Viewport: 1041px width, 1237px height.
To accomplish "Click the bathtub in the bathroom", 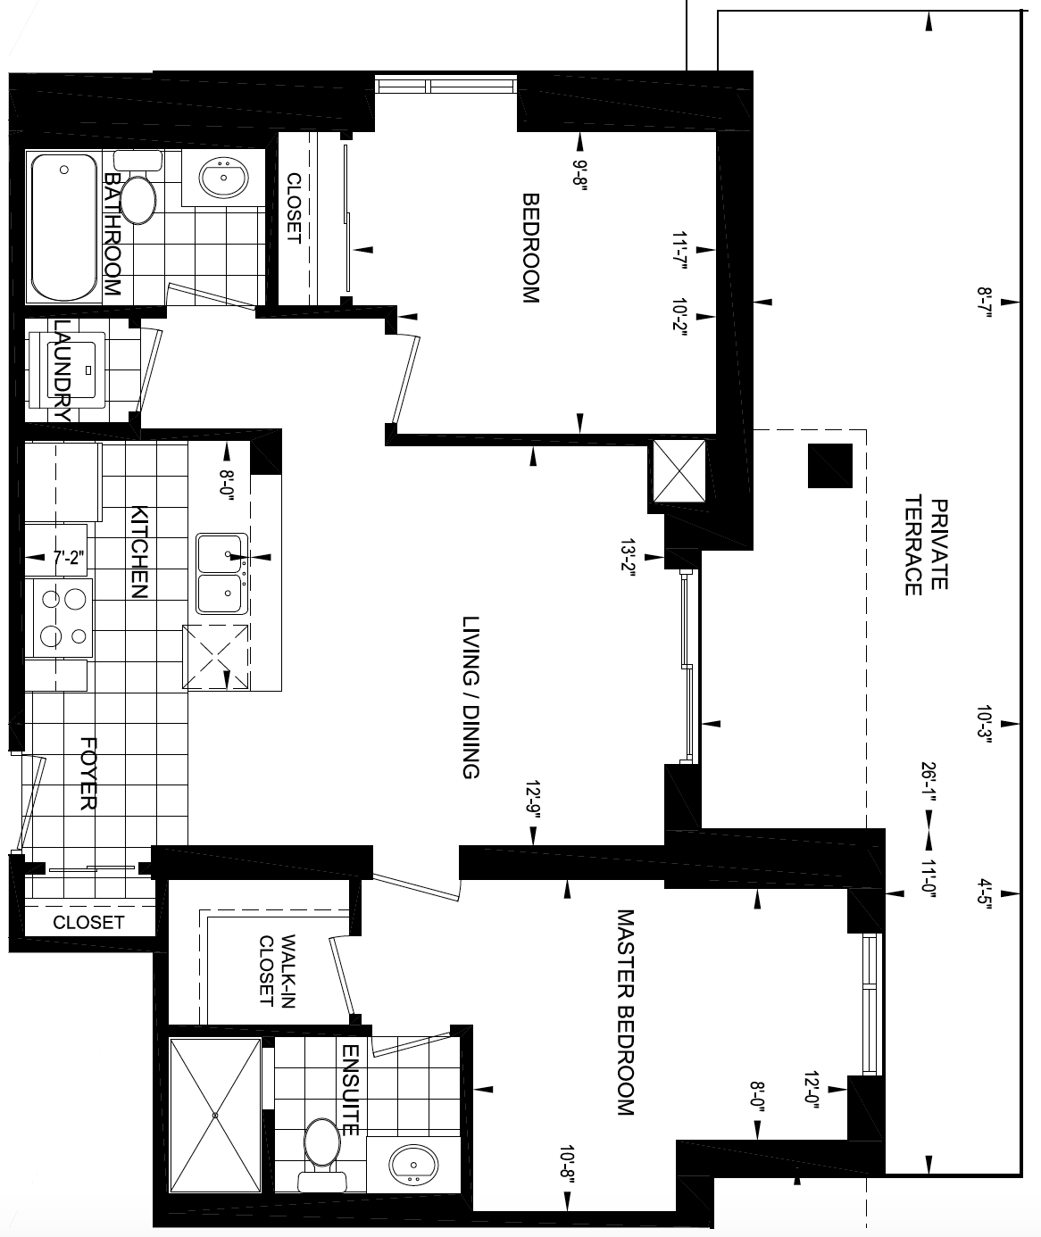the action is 64,228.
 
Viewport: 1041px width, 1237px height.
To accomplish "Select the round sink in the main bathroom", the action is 223,178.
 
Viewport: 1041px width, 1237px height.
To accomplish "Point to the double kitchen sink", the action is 221,574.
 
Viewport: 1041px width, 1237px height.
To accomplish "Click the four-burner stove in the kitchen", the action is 62,618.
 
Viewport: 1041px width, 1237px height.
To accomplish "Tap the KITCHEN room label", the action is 138,552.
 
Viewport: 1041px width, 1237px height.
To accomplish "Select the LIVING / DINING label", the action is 471,697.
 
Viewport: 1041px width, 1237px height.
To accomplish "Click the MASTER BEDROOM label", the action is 626,1012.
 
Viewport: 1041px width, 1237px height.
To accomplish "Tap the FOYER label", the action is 87,773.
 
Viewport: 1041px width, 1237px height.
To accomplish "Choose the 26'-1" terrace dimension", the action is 928,782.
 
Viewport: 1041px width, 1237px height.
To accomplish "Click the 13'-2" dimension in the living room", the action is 628,558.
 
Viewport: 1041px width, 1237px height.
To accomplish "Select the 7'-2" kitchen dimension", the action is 69,558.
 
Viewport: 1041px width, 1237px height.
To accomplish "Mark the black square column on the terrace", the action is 830,466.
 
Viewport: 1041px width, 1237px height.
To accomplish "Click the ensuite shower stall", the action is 215,1115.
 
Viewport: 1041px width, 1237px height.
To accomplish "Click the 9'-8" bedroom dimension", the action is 579,172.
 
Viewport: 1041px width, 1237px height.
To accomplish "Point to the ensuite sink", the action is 413,1165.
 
